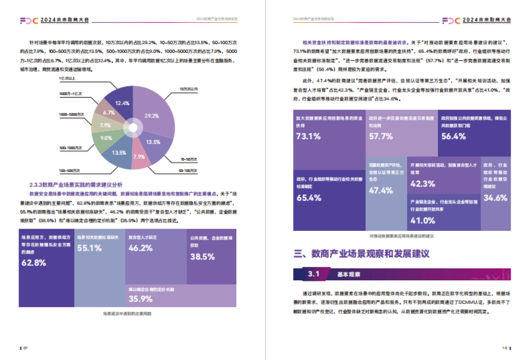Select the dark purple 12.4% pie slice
(x=123, y=103)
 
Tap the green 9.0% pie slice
(x=106, y=138)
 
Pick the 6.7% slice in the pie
(x=109, y=113)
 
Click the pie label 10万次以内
(x=188, y=89)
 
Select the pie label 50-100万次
(x=188, y=170)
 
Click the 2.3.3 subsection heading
(x=76, y=184)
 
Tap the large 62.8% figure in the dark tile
(x=34, y=263)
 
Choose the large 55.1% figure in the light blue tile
(x=89, y=248)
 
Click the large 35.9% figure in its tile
(x=141, y=299)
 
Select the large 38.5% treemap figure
(x=202, y=256)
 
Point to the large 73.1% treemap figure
(x=308, y=136)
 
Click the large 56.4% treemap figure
(x=453, y=136)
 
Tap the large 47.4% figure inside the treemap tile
(x=381, y=191)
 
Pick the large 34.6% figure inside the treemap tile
(x=496, y=198)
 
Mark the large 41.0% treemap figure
(x=423, y=220)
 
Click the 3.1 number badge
(x=314, y=274)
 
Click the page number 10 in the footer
(x=504, y=348)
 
